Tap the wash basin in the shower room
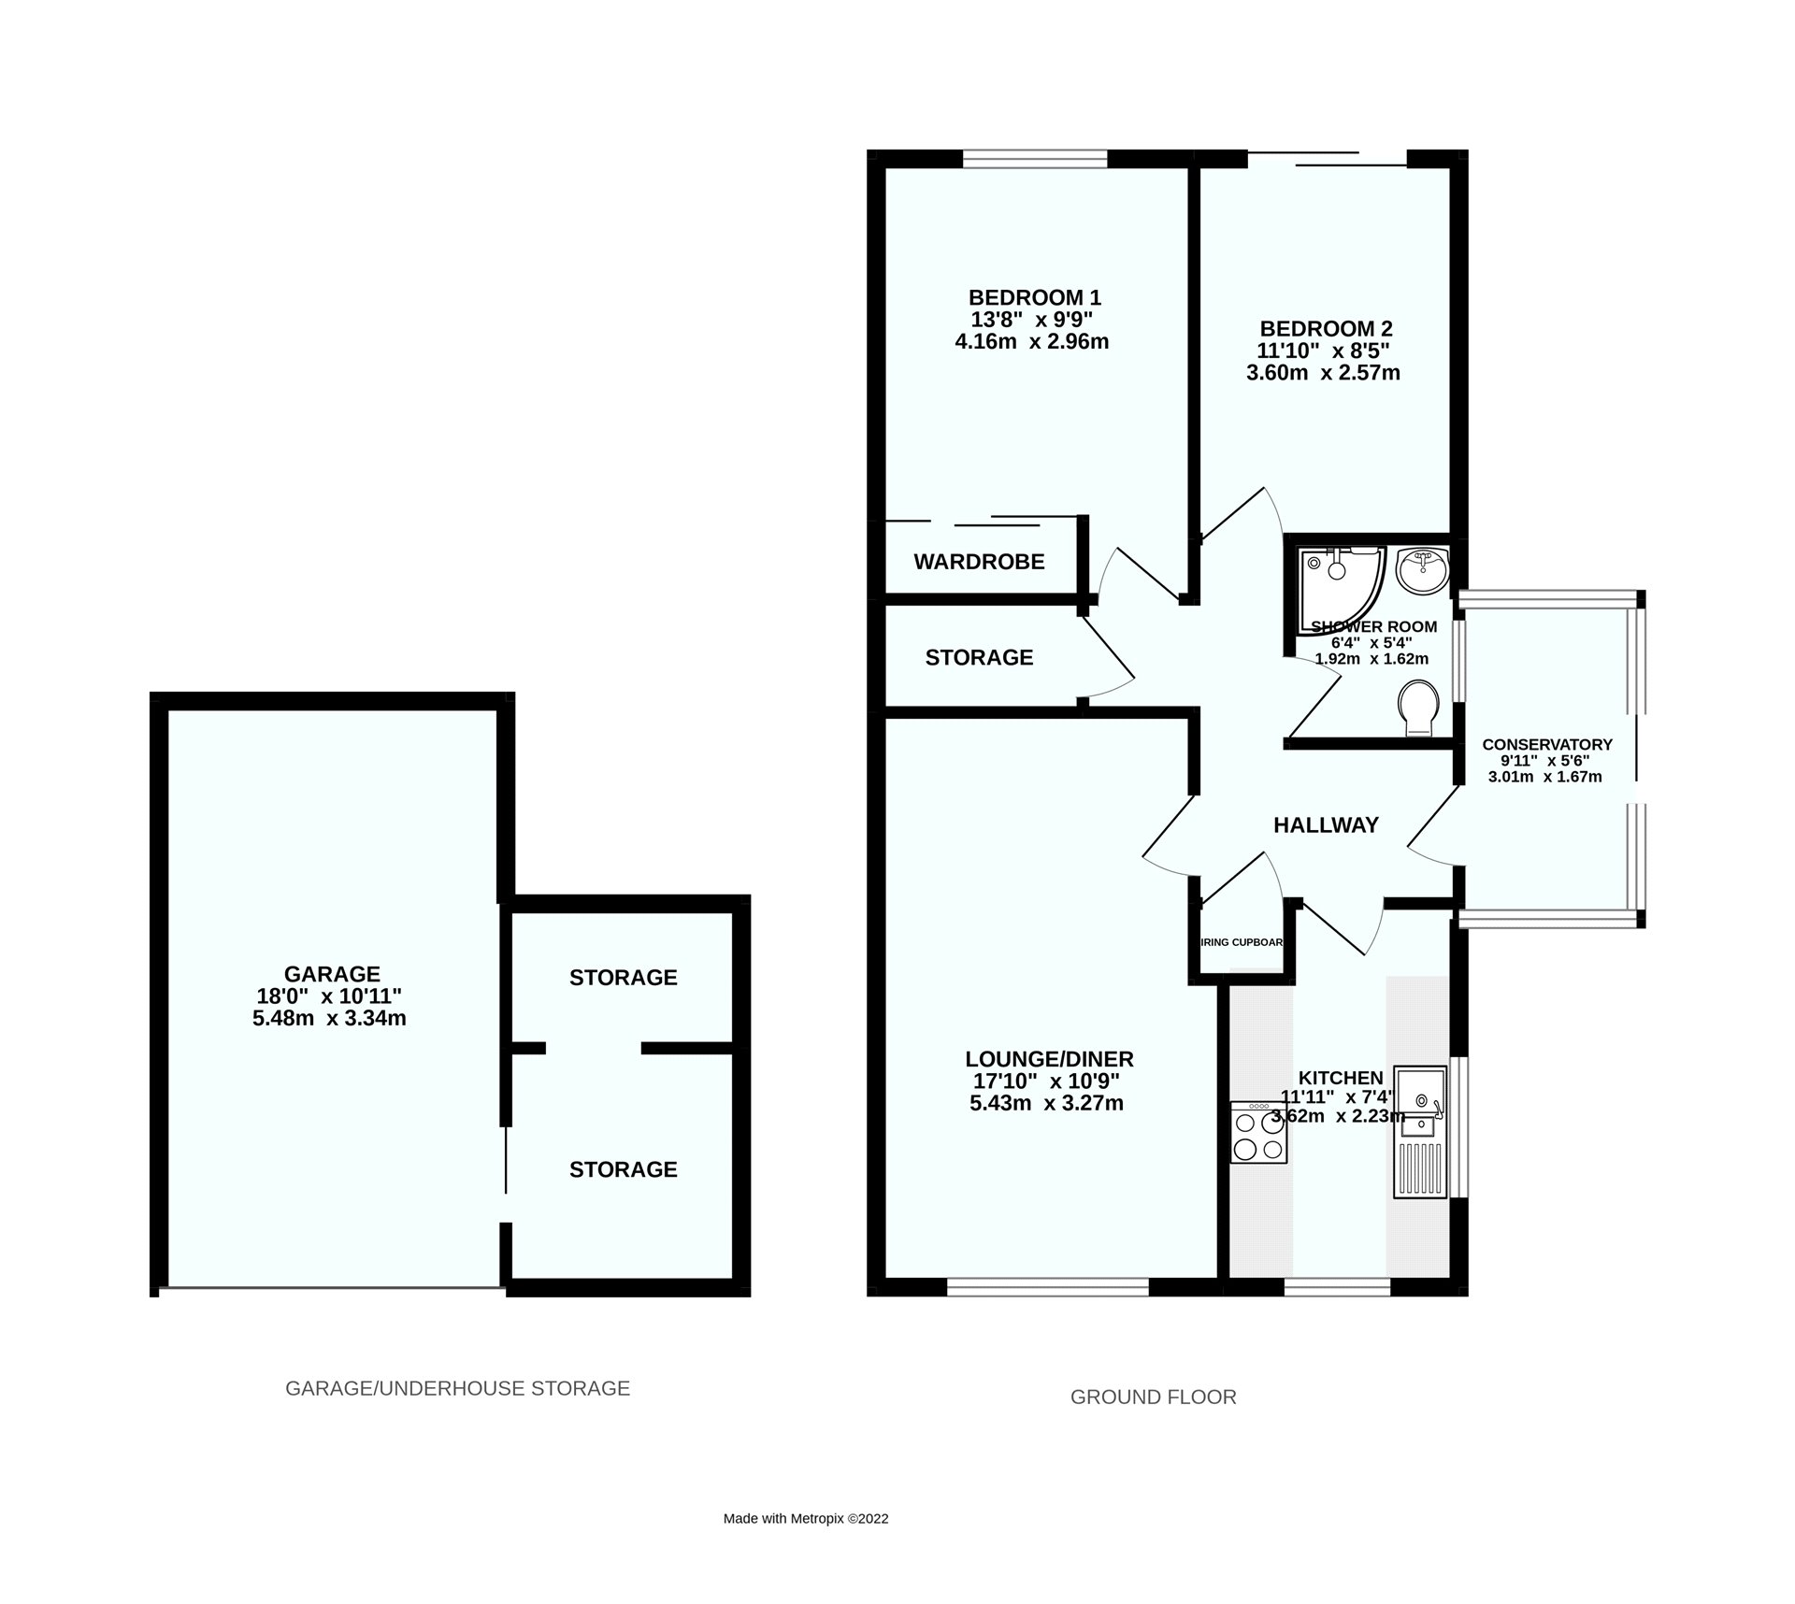pyautogui.click(x=1421, y=570)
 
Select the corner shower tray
pyautogui.click(x=1337, y=584)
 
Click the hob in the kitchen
pyautogui.click(x=1258, y=1132)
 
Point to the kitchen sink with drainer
pyautogui.click(x=1419, y=1131)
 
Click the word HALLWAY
pyautogui.click(x=1326, y=825)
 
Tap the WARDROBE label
pyautogui.click(x=979, y=562)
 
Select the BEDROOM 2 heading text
pyautogui.click(x=1326, y=329)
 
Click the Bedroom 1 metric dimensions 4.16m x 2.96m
pyautogui.click(x=1031, y=342)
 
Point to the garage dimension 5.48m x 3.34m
pyautogui.click(x=329, y=1019)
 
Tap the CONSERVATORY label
pyautogui.click(x=1546, y=745)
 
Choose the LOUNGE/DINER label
pyautogui.click(x=1049, y=1059)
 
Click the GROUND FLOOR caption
pyautogui.click(x=1153, y=1397)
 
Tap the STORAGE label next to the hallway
pyautogui.click(x=979, y=658)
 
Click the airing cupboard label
pyautogui.click(x=1242, y=942)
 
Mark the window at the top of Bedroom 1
pyautogui.click(x=1035, y=160)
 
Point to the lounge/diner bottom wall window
pyautogui.click(x=1047, y=1287)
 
